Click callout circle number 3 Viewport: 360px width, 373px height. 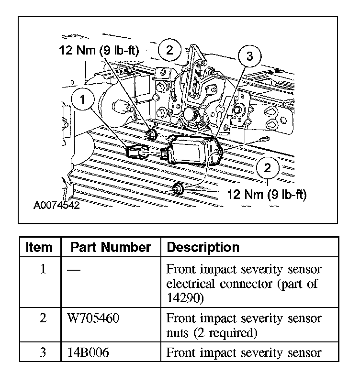point(249,56)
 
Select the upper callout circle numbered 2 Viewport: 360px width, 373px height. point(169,49)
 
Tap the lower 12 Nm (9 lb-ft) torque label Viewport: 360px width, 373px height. point(267,195)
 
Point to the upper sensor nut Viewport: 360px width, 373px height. point(151,134)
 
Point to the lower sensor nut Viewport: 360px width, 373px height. point(178,188)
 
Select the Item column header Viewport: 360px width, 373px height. point(39,247)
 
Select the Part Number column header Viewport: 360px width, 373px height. point(111,247)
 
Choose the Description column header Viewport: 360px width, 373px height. point(203,247)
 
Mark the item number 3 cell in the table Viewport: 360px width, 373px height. point(43,353)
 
